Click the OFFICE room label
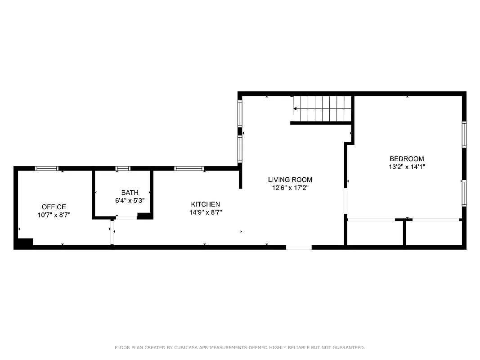point(54,207)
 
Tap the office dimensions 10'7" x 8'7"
point(54,215)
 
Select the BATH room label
point(130,193)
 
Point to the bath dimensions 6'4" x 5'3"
point(130,201)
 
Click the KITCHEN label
point(205,204)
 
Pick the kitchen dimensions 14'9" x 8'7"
point(205,212)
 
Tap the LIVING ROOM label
point(290,180)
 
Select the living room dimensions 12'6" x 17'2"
point(290,188)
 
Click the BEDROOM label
point(407,159)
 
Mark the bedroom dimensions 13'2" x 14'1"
point(407,167)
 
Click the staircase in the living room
point(321,108)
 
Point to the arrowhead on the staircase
point(295,108)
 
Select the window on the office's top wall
point(47,169)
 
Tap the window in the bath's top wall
point(123,169)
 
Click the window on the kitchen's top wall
point(189,169)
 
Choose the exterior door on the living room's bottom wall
point(299,247)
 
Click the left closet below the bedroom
point(375,233)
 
